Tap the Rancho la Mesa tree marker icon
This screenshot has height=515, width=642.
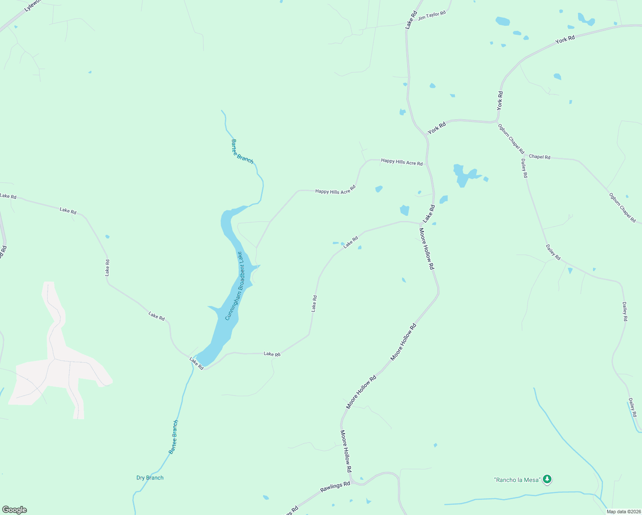(547, 479)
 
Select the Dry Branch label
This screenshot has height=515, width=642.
(150, 478)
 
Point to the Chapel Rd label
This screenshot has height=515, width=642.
(539, 157)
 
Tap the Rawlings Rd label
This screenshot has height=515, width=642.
(335, 487)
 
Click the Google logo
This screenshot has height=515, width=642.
(14, 510)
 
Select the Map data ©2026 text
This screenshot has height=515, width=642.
(623, 512)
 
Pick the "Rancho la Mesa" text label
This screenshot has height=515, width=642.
(517, 480)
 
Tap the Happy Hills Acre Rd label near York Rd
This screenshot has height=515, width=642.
(402, 162)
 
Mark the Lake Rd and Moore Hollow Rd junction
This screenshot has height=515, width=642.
(421, 224)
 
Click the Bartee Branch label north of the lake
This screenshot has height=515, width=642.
(242, 151)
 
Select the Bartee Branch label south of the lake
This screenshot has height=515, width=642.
(173, 437)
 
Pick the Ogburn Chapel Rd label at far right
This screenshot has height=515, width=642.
(622, 208)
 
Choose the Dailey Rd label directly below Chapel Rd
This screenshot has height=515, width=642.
(524, 168)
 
